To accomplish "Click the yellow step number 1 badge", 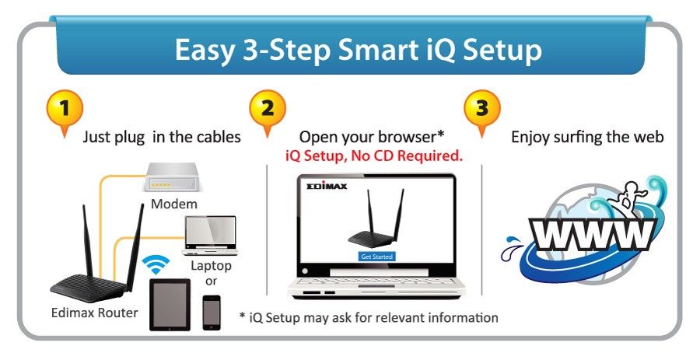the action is tap(65, 110).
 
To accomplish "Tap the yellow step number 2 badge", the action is tap(268, 110).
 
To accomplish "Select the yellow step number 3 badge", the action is tap(482, 110).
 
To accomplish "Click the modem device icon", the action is tap(171, 177).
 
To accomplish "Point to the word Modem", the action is tap(173, 204).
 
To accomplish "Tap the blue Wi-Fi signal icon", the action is tap(156, 265).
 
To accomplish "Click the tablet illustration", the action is tap(170, 305).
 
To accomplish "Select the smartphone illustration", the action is tap(211, 313).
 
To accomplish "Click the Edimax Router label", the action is tap(95, 313).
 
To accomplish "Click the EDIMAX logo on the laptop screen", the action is tap(327, 186).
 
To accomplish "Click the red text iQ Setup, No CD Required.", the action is tap(374, 156).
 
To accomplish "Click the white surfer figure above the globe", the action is tap(628, 195).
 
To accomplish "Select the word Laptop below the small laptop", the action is tap(211, 267).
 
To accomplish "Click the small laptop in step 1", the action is tap(210, 236).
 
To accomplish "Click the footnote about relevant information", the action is tap(369, 317).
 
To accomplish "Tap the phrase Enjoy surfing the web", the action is tap(587, 137).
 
